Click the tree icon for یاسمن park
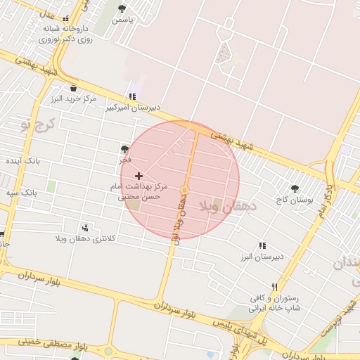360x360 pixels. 122,9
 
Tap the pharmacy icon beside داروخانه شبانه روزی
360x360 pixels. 66,20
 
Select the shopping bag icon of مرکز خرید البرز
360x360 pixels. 74,88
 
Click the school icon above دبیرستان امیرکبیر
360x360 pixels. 131,97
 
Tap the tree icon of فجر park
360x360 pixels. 124,149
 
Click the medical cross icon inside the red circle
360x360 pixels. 138,175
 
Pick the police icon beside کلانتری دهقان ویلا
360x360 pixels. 86,228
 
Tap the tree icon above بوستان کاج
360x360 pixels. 295,188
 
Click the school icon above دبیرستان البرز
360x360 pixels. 262,245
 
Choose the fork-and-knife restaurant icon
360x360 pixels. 274,287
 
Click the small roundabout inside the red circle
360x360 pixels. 184,190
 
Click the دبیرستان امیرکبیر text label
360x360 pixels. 133,108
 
